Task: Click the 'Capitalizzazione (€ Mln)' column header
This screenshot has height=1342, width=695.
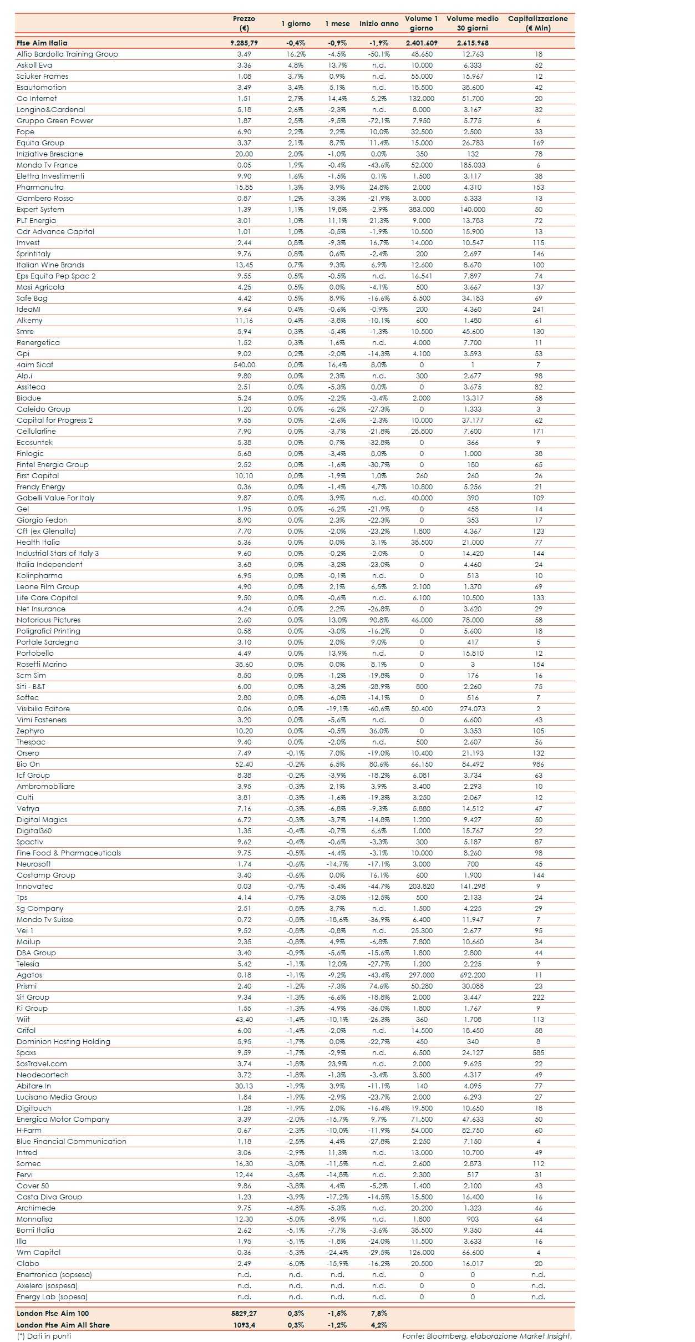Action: [x=537, y=23]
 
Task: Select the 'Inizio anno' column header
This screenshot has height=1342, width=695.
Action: [x=379, y=23]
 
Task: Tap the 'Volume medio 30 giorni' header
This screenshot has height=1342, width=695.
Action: [x=473, y=23]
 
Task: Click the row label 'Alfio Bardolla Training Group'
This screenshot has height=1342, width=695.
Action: [x=67, y=54]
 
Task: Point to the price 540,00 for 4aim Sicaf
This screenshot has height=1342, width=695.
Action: [x=244, y=364]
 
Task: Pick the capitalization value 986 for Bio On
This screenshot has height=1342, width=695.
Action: [x=538, y=764]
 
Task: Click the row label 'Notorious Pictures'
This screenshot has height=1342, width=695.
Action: [x=48, y=620]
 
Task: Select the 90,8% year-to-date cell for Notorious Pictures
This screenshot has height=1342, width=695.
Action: [x=379, y=620]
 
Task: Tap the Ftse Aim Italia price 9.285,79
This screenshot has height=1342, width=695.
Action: [x=244, y=43]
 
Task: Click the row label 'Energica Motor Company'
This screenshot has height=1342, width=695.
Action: [x=63, y=1119]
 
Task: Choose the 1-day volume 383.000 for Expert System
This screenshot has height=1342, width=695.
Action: [x=422, y=209]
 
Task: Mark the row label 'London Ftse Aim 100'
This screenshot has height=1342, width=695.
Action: [x=53, y=1313]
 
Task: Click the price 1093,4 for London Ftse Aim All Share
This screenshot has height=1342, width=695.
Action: [x=244, y=1325]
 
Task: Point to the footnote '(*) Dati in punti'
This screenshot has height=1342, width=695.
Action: [x=44, y=1336]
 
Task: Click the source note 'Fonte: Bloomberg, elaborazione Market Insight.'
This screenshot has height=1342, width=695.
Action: [x=487, y=1336]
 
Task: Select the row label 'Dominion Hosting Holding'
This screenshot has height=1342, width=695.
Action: [x=63, y=1041]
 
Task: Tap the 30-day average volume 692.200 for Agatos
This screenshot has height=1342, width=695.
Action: [x=473, y=975]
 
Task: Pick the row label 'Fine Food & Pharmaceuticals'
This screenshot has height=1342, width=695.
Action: [x=69, y=853]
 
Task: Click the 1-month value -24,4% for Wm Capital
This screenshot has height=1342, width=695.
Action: [x=337, y=1252]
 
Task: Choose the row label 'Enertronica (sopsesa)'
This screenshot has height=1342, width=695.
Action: [x=54, y=1274]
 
